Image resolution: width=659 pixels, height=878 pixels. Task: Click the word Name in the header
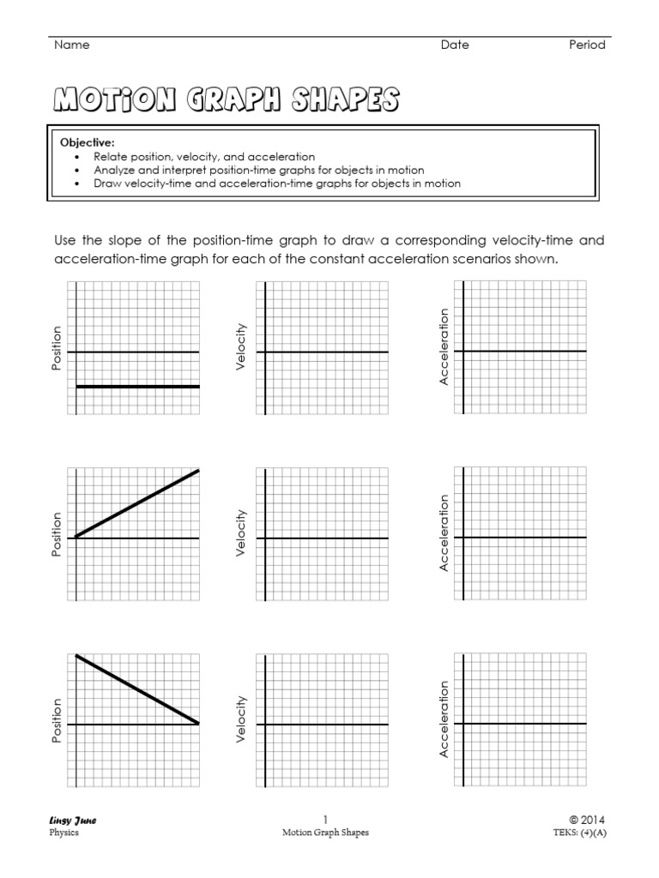tap(71, 45)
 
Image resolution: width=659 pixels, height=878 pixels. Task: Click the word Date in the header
tap(455, 45)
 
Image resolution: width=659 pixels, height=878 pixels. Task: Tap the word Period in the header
tap(587, 45)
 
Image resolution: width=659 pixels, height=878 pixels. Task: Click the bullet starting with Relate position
tap(204, 157)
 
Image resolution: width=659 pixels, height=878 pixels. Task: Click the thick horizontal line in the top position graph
tap(137, 387)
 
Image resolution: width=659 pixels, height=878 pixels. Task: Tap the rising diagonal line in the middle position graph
tap(137, 504)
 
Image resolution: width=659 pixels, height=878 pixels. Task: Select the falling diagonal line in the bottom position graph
tap(137, 689)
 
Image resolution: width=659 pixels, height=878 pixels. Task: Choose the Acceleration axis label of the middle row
tap(444, 533)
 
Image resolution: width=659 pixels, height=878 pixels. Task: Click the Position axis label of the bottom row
tap(57, 720)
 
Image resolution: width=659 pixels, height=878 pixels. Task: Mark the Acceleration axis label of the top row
tap(444, 346)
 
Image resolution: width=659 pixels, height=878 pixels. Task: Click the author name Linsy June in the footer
tap(73, 821)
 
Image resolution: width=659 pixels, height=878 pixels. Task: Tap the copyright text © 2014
tap(587, 820)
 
